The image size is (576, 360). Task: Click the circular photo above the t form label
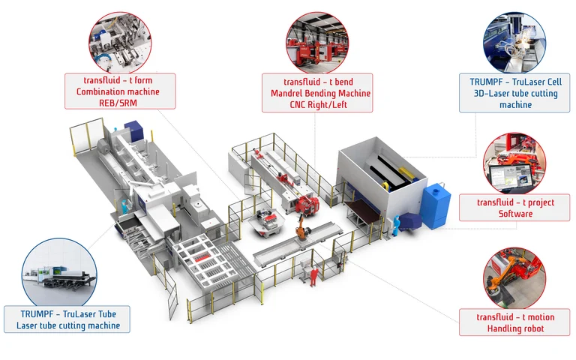point(119,39)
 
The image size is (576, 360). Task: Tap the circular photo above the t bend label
point(315,38)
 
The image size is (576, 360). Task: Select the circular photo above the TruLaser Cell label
point(514,39)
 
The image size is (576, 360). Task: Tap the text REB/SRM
point(120,103)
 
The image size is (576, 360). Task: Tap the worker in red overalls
point(312,274)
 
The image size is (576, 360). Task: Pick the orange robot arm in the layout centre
point(300,223)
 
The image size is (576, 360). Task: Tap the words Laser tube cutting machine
point(68,325)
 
